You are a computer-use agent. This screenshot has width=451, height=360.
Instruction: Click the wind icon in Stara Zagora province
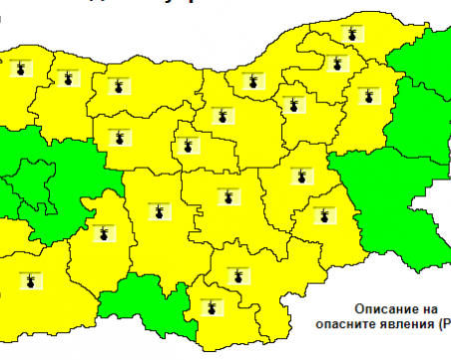(227, 195)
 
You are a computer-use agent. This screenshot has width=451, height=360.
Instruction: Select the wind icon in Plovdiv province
(160, 210)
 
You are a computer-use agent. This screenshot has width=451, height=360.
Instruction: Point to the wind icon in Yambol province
(324, 213)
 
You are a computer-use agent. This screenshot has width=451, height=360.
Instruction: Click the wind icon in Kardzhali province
(212, 306)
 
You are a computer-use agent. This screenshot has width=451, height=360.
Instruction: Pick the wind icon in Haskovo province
(236, 274)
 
